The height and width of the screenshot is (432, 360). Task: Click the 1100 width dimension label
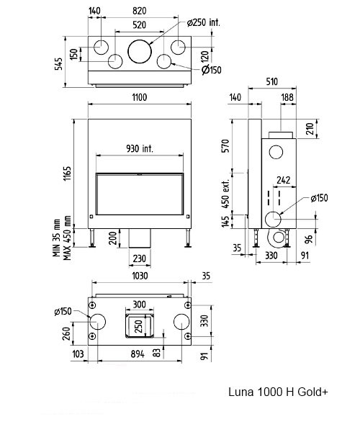point(140,97)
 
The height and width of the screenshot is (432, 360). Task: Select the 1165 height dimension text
point(67,174)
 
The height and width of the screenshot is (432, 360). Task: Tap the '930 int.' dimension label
point(140,149)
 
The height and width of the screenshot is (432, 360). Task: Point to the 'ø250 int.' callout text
point(204,22)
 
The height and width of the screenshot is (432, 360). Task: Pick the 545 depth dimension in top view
point(58,64)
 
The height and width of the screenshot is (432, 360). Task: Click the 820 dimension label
point(140,11)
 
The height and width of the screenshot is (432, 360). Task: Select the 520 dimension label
point(140,25)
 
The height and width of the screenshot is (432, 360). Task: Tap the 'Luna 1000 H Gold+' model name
point(278,392)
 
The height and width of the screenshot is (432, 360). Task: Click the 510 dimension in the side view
point(272,82)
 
